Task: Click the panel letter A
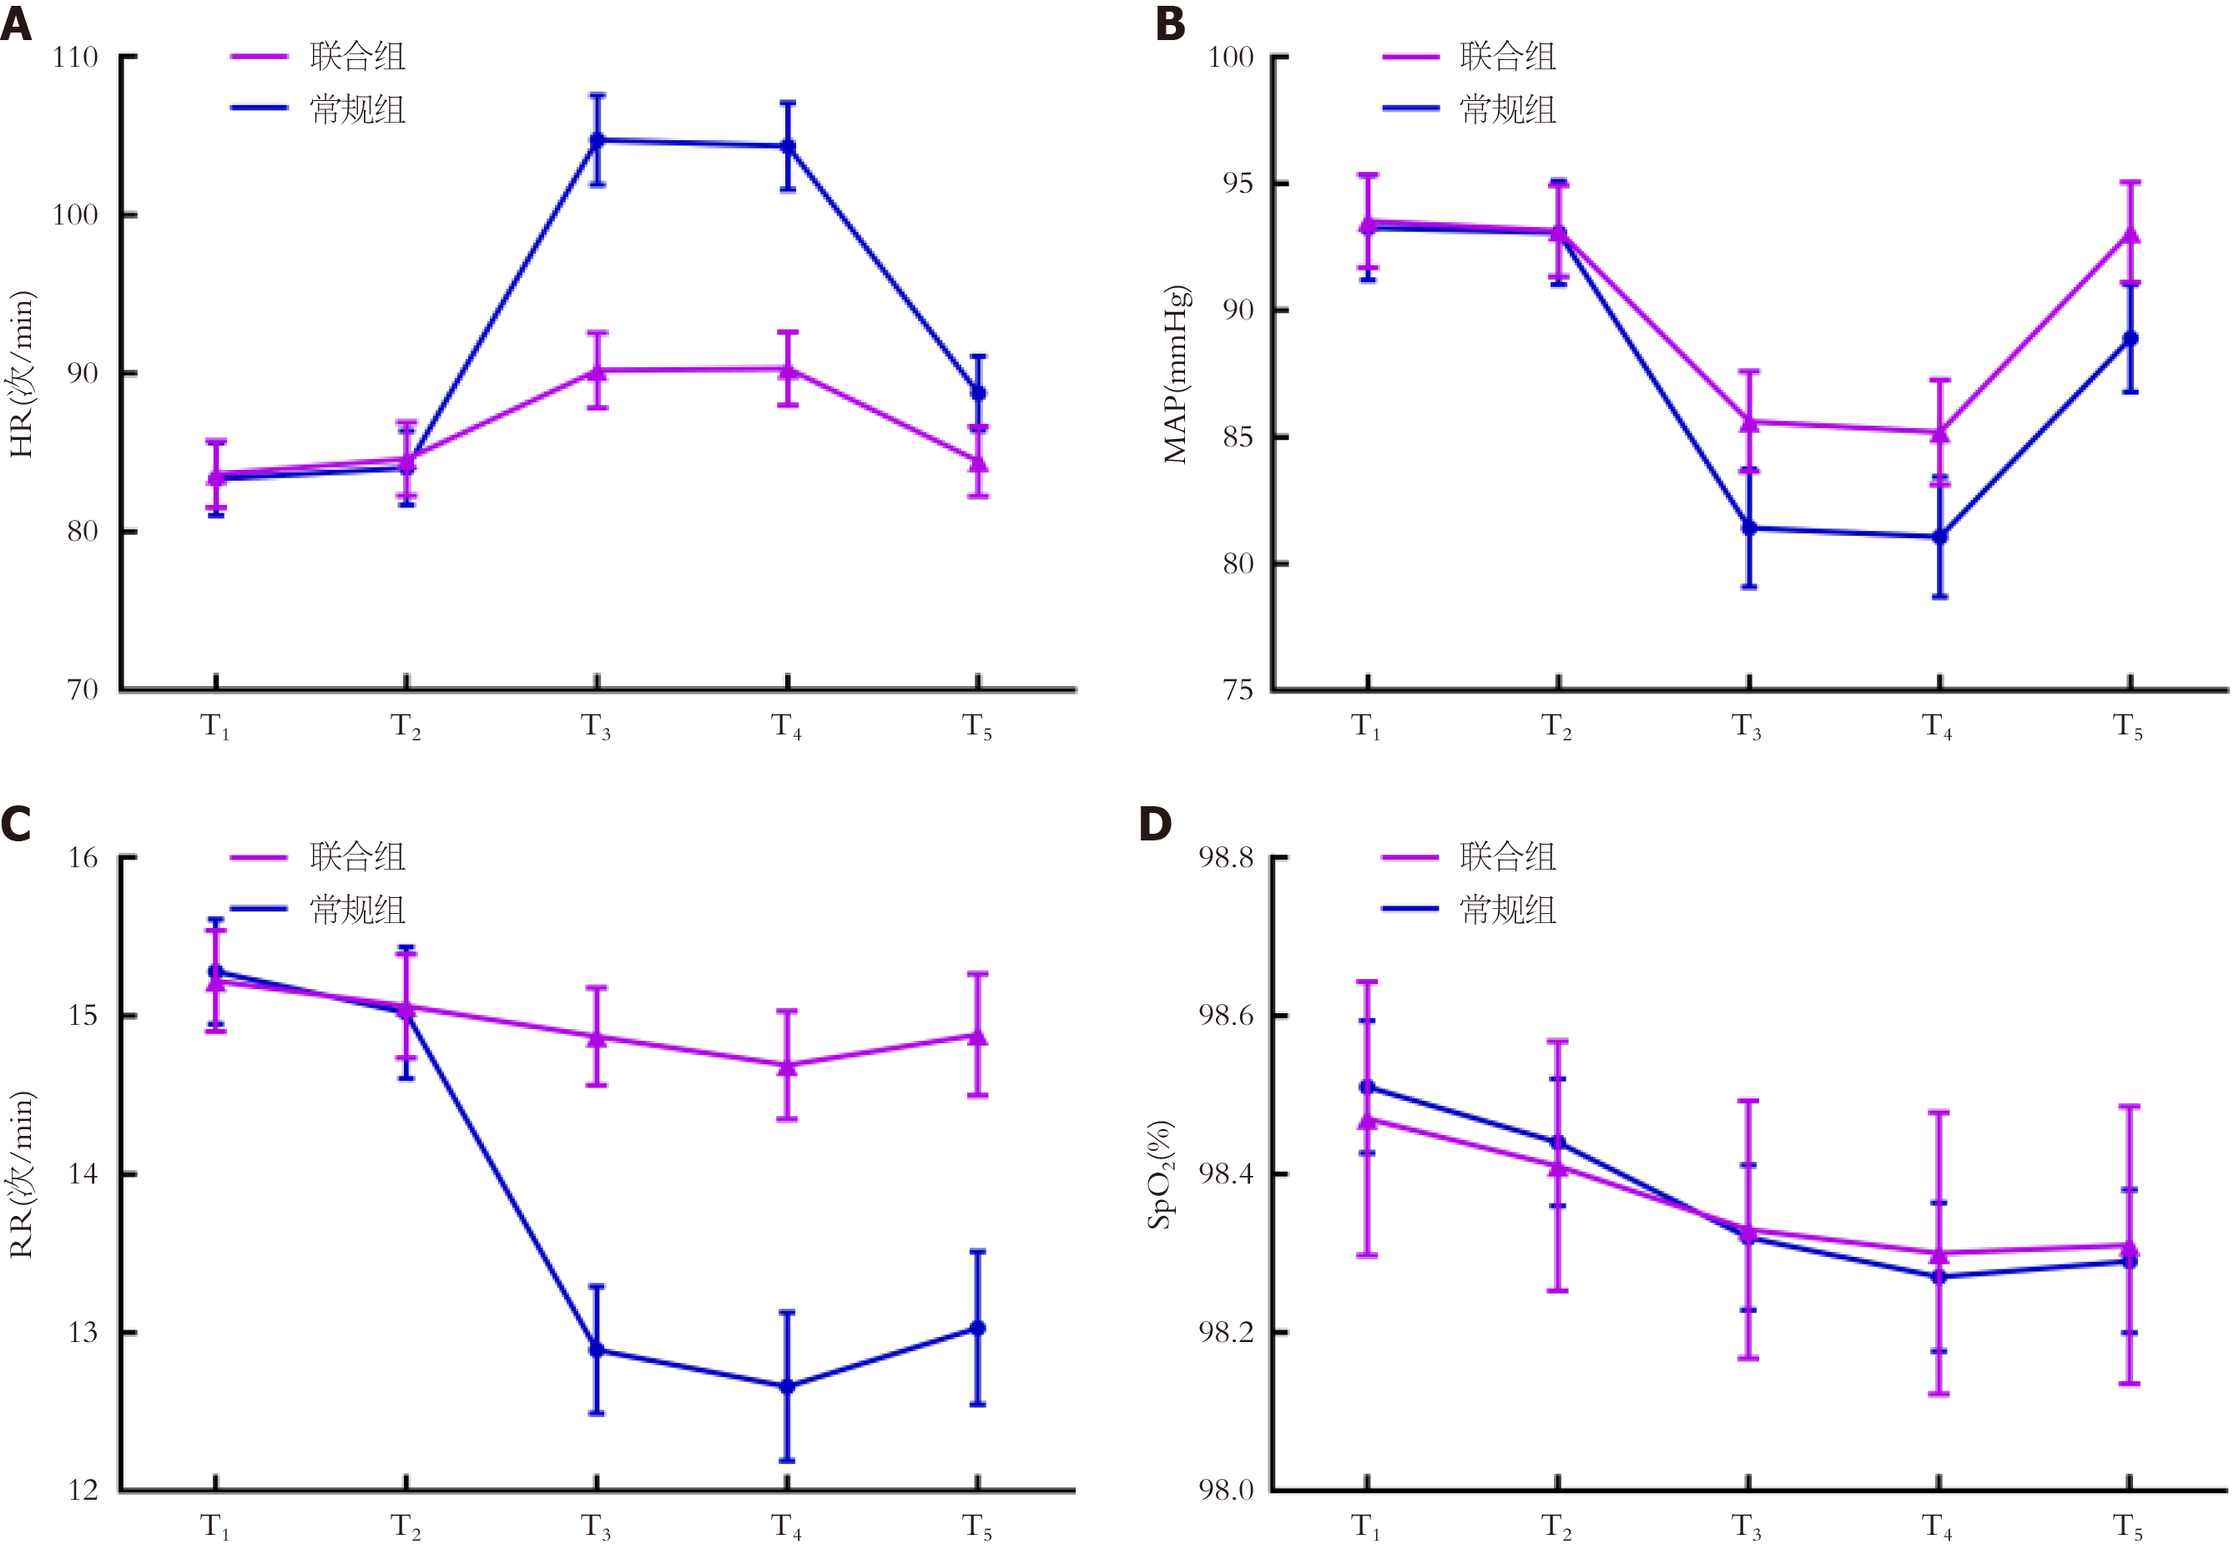point(17,23)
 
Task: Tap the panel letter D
point(1155,825)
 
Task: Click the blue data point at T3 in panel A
point(597,140)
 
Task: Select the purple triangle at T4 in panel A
point(787,370)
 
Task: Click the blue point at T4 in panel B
point(1939,537)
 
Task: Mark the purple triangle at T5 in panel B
point(2130,235)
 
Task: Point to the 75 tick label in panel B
point(1237,689)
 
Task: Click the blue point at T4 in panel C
point(787,1386)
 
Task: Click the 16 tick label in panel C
point(83,857)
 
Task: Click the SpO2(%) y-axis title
point(1161,1174)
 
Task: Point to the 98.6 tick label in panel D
point(1226,1015)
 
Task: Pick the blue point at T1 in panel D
point(1366,1087)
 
